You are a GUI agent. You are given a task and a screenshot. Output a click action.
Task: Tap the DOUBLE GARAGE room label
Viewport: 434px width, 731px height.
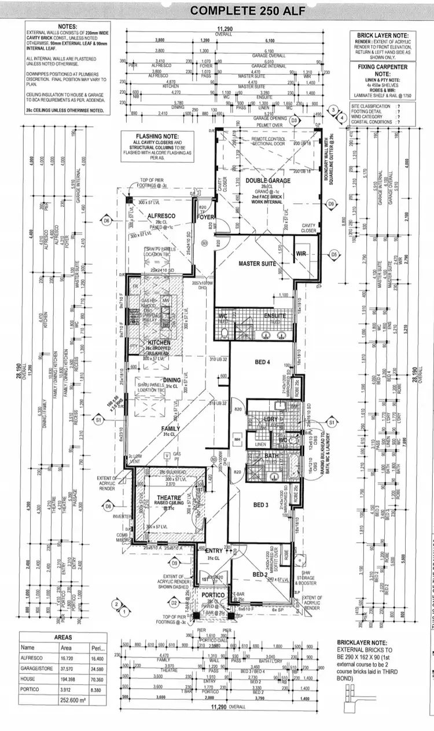[267, 180]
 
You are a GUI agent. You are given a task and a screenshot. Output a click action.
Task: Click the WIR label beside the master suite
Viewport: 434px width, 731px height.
[300, 254]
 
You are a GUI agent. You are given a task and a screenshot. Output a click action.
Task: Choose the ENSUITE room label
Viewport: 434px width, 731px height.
[274, 316]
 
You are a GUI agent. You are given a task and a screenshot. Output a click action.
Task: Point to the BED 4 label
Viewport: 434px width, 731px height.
[262, 362]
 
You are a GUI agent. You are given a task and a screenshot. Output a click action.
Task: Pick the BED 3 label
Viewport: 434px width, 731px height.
[262, 505]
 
